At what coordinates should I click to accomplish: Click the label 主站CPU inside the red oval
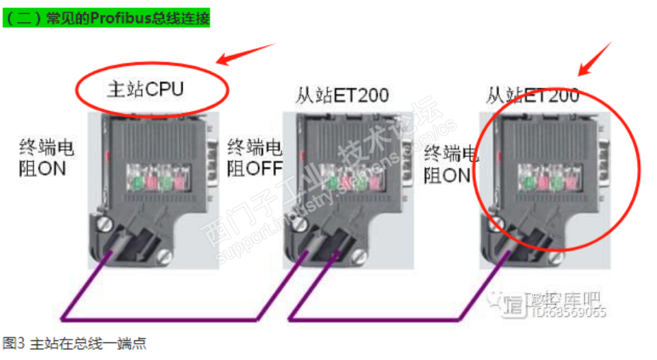pyautogui.click(x=145, y=89)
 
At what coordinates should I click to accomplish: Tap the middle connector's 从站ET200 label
pyautogui.click(x=342, y=94)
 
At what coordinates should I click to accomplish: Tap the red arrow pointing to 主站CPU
pyautogui.click(x=245, y=54)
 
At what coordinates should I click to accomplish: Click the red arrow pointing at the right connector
pyautogui.click(x=594, y=58)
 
